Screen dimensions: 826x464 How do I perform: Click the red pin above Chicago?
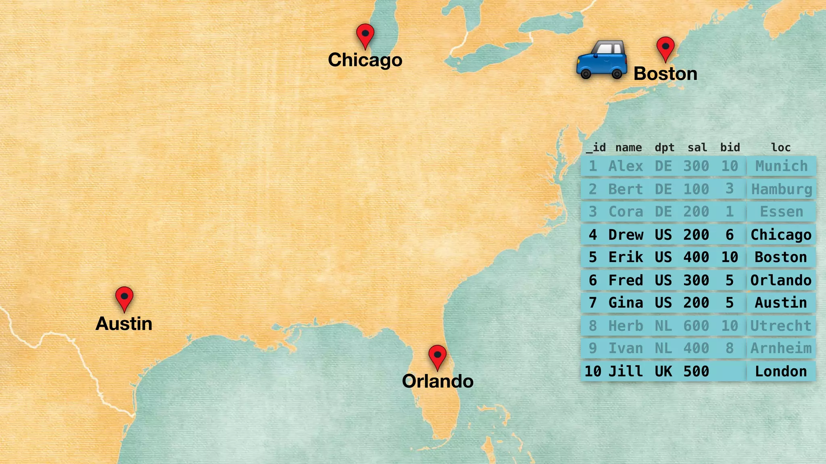365,34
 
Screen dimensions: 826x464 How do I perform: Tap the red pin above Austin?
124,297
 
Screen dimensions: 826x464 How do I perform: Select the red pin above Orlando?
437,356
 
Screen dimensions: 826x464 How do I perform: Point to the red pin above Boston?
665,48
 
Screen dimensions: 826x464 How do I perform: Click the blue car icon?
601,60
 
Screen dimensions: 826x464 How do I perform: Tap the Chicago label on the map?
365,60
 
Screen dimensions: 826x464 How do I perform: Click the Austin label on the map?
124,324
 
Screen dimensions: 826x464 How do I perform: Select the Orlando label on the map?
438,381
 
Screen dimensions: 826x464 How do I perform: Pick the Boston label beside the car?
665,74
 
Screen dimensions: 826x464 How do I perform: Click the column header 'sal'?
697,147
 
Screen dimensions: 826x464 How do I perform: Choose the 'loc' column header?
781,147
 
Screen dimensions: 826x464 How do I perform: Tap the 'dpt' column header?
664,147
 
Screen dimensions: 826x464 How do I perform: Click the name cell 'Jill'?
626,371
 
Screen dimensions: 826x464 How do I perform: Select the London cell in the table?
781,371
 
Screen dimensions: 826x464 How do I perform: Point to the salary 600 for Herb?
696,325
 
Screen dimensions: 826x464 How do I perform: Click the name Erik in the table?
626,257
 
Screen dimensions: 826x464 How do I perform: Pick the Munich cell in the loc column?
781,166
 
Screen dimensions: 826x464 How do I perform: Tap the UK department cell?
663,371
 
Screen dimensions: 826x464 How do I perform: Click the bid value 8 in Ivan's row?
730,348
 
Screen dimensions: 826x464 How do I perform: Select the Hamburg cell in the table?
781,189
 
